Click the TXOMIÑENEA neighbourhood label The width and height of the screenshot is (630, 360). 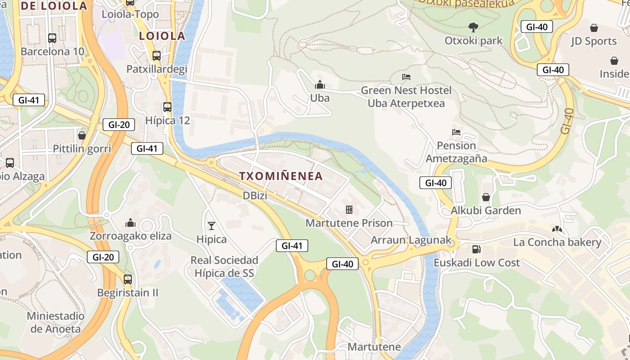tap(281, 176)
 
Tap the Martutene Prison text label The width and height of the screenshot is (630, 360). tap(349, 223)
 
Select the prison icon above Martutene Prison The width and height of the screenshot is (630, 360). tap(349, 209)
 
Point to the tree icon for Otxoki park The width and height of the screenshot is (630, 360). tap(473, 27)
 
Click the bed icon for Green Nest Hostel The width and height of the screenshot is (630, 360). tap(406, 77)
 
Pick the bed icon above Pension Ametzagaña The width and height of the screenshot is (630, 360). tap(456, 132)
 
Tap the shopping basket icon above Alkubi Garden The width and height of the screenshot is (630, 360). tap(486, 197)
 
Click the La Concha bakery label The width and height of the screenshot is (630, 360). tap(557, 243)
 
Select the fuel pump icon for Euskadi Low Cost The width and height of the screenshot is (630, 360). tap(476, 249)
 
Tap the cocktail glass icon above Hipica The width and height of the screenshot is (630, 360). tap(211, 225)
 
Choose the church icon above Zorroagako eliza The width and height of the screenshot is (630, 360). tap(130, 222)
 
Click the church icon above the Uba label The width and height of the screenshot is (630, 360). tap(320, 84)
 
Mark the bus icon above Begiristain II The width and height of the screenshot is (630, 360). tap(128, 279)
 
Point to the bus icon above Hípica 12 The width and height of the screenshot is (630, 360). tap(167, 107)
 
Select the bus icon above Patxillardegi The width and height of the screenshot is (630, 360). tap(157, 56)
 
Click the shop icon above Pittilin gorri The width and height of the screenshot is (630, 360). tap(82, 135)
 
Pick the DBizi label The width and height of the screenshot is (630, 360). tap(256, 196)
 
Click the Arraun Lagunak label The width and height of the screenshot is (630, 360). tap(410, 240)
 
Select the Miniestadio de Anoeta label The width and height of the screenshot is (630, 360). tap(55, 322)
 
